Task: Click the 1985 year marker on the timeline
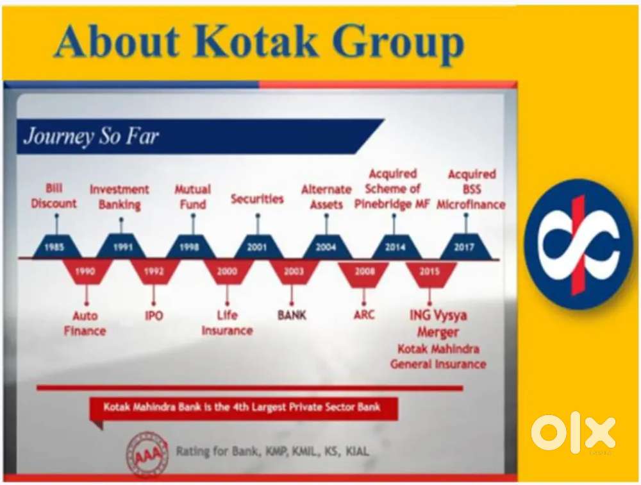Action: tap(54, 246)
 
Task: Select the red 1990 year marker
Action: tap(85, 271)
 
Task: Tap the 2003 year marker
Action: tap(294, 271)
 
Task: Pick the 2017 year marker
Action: tap(464, 246)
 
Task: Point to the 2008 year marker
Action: tap(364, 271)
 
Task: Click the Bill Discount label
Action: tap(54, 196)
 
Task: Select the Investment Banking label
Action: tap(119, 197)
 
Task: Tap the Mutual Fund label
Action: tap(193, 197)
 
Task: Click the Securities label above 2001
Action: tap(257, 199)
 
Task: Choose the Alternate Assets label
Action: tap(326, 197)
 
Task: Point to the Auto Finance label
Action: tap(85, 323)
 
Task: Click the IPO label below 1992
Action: tap(154, 316)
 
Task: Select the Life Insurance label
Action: tap(228, 323)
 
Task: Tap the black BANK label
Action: tap(292, 315)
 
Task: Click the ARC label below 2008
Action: tap(364, 315)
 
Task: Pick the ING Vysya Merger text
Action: tap(438, 323)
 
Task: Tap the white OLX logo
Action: tap(573, 433)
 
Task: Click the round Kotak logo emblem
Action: tap(578, 244)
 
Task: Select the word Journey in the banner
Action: tap(58, 136)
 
